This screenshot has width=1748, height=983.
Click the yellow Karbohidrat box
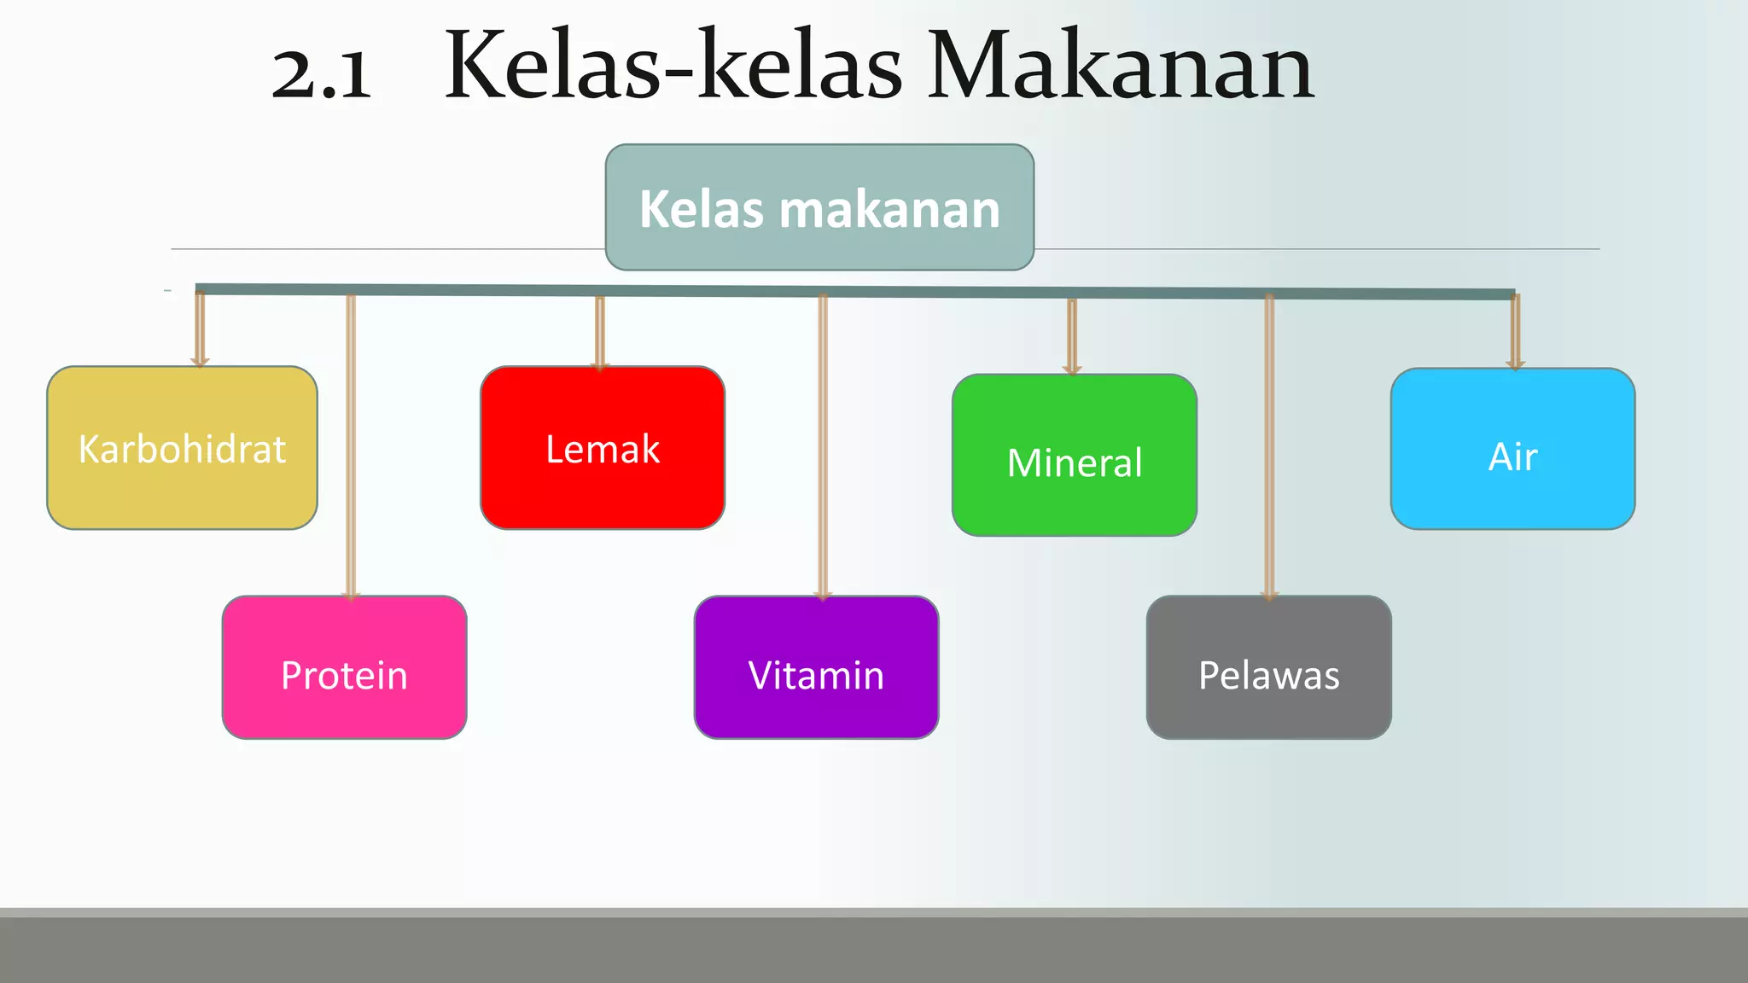pyautogui.click(x=182, y=448)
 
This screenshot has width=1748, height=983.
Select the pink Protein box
pyautogui.click(x=344, y=667)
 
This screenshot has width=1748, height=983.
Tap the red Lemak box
pyautogui.click(x=603, y=448)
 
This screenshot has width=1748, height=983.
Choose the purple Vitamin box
pyautogui.click(x=816, y=667)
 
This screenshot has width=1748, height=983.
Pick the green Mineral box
pyautogui.click(x=1074, y=456)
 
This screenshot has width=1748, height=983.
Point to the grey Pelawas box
pyautogui.click(x=1268, y=667)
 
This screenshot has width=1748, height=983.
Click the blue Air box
pyautogui.click(x=1512, y=449)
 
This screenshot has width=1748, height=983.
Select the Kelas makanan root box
pyautogui.click(x=819, y=207)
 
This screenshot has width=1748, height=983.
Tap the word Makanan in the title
pyautogui.click(x=1120, y=67)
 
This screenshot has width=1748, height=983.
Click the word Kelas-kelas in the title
pyautogui.click(x=673, y=67)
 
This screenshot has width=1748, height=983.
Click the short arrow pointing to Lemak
pyautogui.click(x=600, y=334)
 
